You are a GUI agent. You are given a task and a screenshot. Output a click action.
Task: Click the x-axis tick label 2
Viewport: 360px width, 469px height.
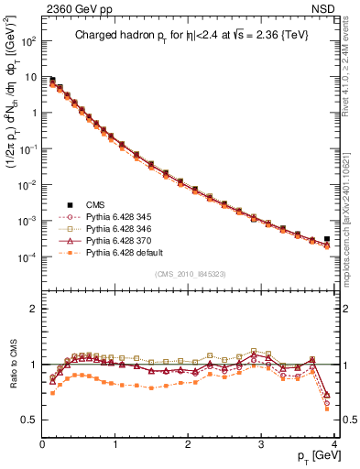189,443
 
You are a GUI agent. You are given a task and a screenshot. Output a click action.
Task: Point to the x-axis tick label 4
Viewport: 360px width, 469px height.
334,443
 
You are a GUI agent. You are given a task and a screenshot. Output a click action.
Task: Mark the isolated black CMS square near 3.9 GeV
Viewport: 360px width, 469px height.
327,238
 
